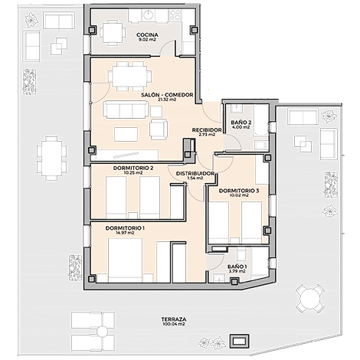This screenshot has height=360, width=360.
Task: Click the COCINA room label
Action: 147,34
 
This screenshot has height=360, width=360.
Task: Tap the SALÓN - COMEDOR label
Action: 167,95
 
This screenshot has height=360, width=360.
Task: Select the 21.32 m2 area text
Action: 167,100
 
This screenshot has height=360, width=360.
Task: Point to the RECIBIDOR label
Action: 207,130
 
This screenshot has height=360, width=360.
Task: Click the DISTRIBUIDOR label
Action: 195,174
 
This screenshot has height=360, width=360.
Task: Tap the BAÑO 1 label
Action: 237,267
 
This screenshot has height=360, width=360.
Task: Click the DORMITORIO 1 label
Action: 125,228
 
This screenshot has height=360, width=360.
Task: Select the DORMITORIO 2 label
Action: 133,168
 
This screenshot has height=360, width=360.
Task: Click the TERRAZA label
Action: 174,319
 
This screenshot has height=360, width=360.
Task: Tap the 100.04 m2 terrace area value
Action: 174,324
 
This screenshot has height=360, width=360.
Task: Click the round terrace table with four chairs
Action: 310,299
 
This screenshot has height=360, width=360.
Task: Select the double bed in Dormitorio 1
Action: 125,260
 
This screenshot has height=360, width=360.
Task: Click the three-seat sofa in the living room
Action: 126,110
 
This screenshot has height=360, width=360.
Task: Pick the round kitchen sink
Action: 148,15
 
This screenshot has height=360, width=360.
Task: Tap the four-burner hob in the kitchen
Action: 175,16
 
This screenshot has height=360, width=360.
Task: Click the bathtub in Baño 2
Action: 260,120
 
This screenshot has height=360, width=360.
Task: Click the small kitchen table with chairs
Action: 113,33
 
